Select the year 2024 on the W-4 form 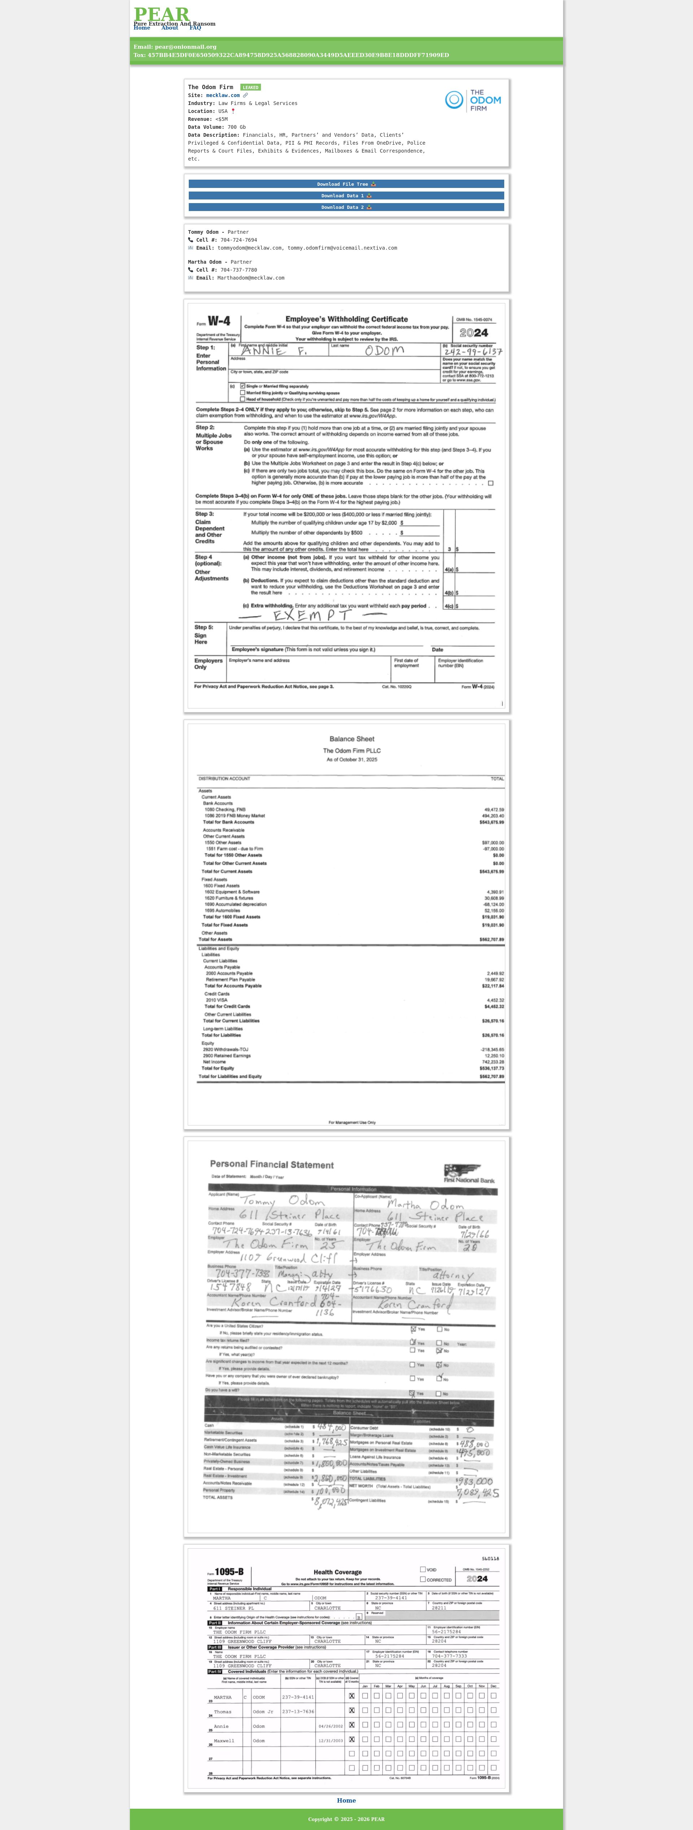[x=474, y=333]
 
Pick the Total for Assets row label [x=215, y=939]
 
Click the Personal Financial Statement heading [x=271, y=1164]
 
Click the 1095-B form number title [x=229, y=1572]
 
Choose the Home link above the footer [x=346, y=1800]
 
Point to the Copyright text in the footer [x=346, y=1819]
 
